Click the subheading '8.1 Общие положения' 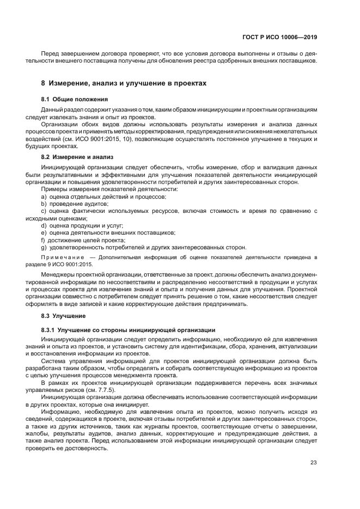[x=75, y=99]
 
